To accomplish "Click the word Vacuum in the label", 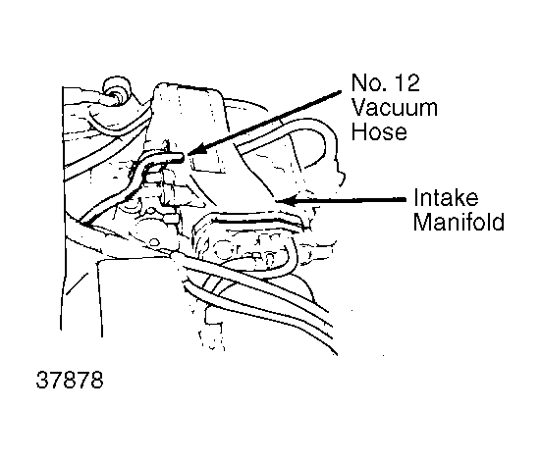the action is point(395,108).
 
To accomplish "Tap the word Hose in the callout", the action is point(379,132).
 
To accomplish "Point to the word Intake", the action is point(446,197).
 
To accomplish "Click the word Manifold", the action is point(459,222).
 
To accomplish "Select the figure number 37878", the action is point(70,380).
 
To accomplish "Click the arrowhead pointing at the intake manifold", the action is point(287,200).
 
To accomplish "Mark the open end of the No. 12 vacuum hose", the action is point(182,158).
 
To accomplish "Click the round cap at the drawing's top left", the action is point(118,87).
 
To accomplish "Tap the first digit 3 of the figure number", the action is point(42,380).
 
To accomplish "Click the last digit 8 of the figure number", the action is point(97,380).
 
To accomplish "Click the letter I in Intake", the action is point(415,197).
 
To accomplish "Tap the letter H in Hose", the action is point(358,132).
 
